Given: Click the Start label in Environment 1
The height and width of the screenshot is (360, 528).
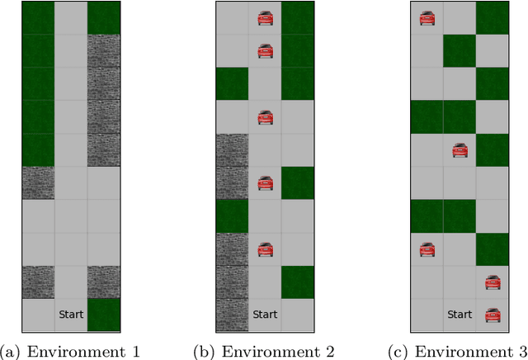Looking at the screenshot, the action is pos(70,315).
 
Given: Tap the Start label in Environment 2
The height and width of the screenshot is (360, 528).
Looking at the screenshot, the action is pos(265,315).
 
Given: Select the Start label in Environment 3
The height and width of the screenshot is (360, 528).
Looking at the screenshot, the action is pos(460,315).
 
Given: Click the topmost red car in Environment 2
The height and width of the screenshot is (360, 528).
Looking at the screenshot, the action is pos(265,17).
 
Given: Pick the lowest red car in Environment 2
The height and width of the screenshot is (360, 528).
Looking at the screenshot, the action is pos(265,249).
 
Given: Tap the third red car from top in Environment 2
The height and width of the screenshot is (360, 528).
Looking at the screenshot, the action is pos(265,117).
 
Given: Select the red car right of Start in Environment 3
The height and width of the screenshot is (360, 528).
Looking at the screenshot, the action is pos(493,315).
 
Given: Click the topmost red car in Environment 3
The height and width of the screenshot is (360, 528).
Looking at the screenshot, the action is pos(427,17).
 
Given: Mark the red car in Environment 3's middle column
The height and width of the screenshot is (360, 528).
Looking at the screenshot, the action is pos(460,150).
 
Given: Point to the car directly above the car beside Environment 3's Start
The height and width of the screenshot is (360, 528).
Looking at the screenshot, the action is pos(493,282).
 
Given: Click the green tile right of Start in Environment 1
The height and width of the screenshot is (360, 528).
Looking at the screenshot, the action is pos(103,315).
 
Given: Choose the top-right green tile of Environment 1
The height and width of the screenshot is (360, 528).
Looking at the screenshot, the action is pos(103,17).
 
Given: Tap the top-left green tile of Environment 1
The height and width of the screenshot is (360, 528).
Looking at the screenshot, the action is pos(37,17).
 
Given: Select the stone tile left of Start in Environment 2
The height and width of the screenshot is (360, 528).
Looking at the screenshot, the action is pos(232,315).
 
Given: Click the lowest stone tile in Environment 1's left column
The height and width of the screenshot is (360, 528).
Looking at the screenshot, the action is pos(37,282).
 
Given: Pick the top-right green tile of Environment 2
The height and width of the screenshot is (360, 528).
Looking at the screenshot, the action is pos(298,17).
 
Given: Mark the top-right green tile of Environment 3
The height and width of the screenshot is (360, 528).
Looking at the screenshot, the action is pos(493,17).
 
